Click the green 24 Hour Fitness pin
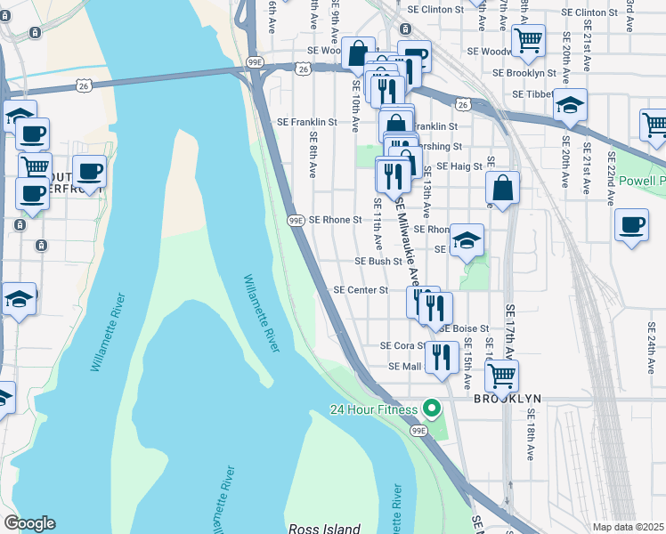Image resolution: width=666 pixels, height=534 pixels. click(433, 409)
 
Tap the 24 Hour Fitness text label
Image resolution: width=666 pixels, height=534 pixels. click(374, 409)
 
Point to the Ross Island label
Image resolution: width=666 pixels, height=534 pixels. click(323, 528)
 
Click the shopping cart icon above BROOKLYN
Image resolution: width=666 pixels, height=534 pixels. click(501, 376)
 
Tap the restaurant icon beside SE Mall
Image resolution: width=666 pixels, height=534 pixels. click(442, 357)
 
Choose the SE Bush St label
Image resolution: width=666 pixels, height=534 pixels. click(378, 262)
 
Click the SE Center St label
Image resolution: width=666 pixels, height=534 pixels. click(361, 290)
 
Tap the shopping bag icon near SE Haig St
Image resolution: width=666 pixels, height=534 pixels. click(503, 188)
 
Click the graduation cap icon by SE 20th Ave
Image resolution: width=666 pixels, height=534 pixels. click(569, 105)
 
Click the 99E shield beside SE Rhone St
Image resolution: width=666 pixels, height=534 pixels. click(296, 220)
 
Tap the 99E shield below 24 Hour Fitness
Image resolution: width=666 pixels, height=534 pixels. click(418, 431)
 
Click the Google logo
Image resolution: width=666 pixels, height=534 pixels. click(29, 523)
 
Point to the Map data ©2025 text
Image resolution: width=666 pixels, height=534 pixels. click(628, 527)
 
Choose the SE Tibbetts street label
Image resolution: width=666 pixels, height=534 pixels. click(533, 93)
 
